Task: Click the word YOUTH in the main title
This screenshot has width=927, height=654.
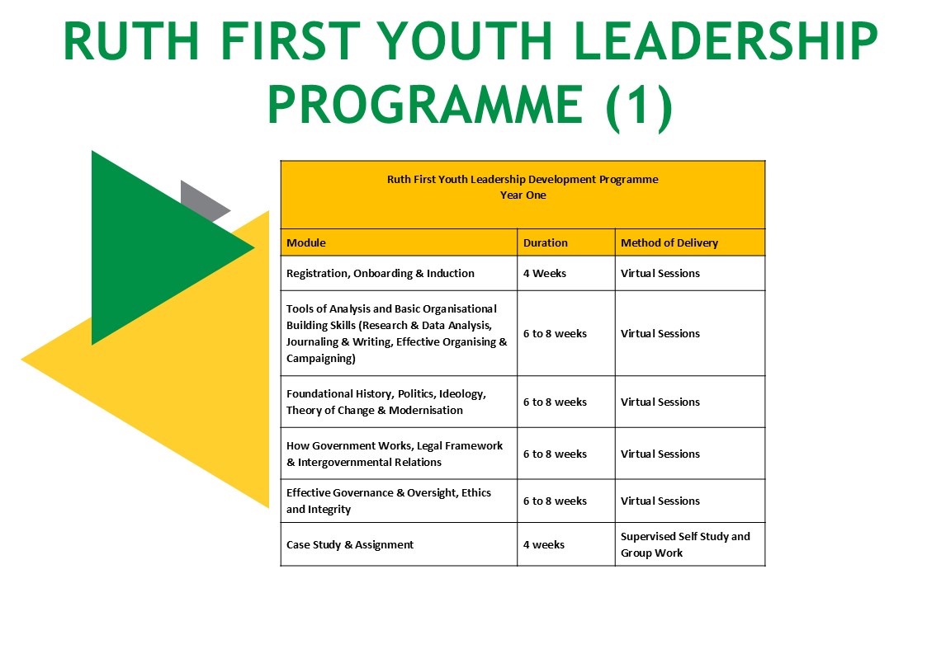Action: [464, 40]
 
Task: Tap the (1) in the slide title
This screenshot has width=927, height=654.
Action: [639, 106]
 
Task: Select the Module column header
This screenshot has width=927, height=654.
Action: [305, 242]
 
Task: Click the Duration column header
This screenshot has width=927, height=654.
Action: [545, 242]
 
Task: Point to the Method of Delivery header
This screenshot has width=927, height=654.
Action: [669, 242]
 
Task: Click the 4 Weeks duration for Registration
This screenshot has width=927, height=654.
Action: [545, 274]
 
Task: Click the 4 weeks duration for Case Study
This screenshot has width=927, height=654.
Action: [544, 544]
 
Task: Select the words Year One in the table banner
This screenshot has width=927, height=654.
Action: [523, 195]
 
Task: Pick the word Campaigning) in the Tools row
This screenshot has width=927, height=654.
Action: [321, 359]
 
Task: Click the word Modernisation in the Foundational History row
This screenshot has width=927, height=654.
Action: [426, 411]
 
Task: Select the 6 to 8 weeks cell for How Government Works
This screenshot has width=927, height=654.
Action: [556, 454]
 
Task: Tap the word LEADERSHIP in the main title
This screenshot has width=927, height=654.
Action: [726, 40]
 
